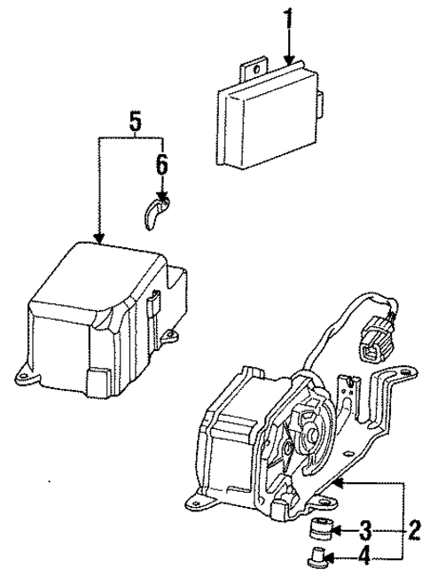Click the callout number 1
[287, 17]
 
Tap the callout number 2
[412, 532]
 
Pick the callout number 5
[134, 122]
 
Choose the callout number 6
[161, 165]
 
